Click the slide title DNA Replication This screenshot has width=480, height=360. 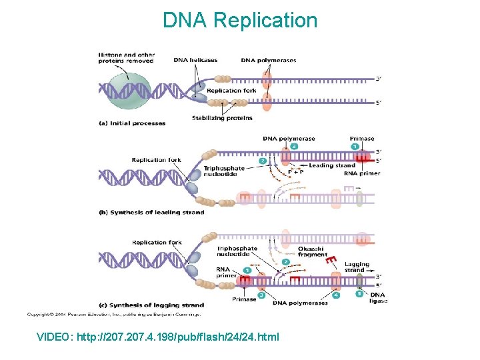pos(240,21)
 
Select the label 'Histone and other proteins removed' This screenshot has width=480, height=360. pos(126,58)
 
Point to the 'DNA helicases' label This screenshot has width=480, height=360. pos(195,60)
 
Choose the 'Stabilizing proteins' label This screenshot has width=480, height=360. pos(222,118)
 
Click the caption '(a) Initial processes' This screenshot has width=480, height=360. pos(132,123)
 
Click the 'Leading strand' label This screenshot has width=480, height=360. pos(332,165)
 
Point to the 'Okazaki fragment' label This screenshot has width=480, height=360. pos(313,251)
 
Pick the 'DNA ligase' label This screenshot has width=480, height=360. pos(377,297)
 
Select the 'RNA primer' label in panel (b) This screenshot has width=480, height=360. pos(361,173)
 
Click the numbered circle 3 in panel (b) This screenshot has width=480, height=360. pos(293,146)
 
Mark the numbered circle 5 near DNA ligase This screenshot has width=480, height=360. pos(359,293)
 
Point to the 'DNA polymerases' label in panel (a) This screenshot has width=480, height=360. pos(269,60)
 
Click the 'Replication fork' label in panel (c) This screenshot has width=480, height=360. pos(157,242)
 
